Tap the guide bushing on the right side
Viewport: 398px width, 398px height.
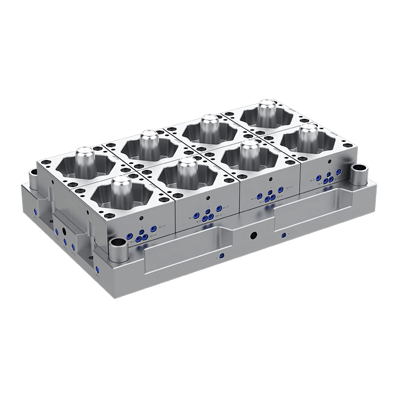(360, 172)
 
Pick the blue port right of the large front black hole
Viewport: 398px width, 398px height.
(283, 235)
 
